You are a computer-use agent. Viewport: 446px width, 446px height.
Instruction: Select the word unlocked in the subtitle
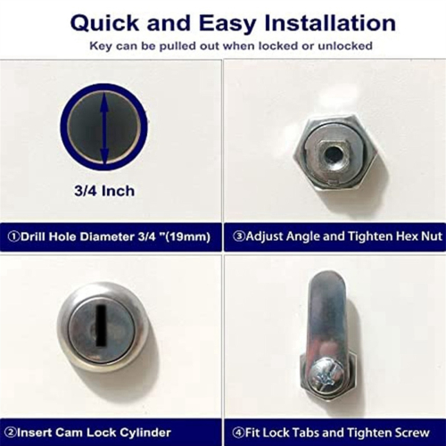(x=345, y=45)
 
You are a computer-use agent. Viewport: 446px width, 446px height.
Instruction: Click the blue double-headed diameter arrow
(x=105, y=128)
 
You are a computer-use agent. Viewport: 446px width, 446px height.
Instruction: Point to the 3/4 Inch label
(x=105, y=190)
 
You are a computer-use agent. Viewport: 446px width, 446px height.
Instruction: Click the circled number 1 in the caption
(x=12, y=237)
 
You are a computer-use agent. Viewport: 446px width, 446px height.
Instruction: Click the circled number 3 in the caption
(x=238, y=237)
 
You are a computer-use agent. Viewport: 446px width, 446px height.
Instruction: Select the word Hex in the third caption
(x=394, y=237)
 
